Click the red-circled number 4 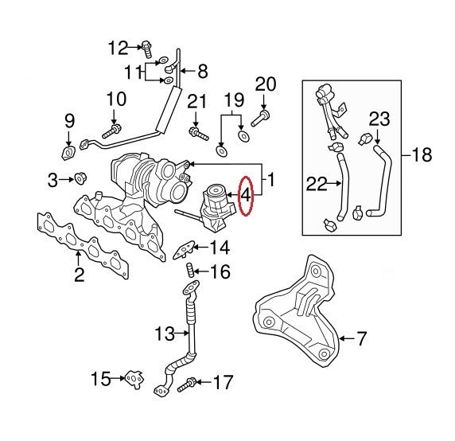[245, 196]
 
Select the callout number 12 [118, 48]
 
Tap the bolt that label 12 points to [146, 49]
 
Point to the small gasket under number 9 [68, 153]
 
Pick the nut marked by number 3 [80, 178]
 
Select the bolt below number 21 [199, 134]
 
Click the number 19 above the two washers [234, 100]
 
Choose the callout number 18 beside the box [422, 154]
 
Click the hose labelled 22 [342, 187]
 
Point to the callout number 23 [379, 119]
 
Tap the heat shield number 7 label [361, 338]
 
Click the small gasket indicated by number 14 [184, 250]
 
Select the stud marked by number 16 [189, 271]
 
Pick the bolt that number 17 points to [187, 384]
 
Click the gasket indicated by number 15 [134, 379]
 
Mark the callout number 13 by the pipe [165, 334]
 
